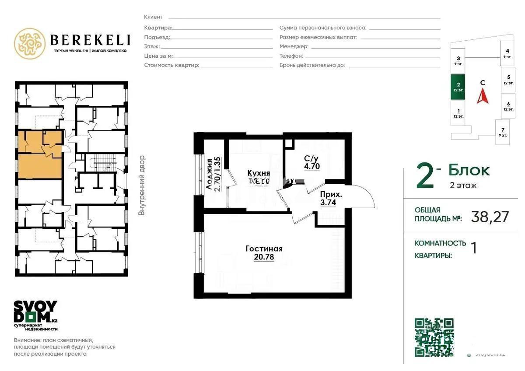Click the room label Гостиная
[x=264, y=249]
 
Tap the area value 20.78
[x=264, y=257]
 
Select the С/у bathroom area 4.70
[x=312, y=166]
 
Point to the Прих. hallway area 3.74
[x=328, y=202]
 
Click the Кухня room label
[x=258, y=173]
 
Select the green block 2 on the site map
[x=458, y=87]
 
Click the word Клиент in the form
[x=153, y=17]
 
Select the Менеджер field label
[x=294, y=46]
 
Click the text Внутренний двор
[x=142, y=185]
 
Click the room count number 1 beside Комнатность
[x=473, y=248]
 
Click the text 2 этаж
[x=463, y=185]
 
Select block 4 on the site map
[x=507, y=53]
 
